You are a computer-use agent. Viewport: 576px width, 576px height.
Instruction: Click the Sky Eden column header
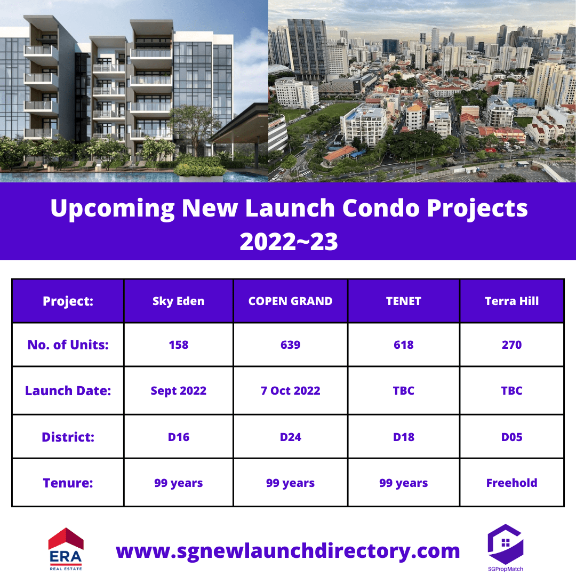pyautogui.click(x=179, y=301)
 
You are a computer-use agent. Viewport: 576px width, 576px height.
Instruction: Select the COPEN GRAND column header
pyautogui.click(x=290, y=301)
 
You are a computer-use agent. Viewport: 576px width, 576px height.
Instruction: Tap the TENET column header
pyautogui.click(x=403, y=301)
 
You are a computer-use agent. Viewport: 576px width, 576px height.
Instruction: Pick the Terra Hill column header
pyautogui.click(x=511, y=301)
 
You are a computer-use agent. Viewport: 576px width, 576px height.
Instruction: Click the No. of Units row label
pyautogui.click(x=68, y=345)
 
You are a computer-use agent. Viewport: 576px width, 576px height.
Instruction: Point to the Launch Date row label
pyautogui.click(x=68, y=390)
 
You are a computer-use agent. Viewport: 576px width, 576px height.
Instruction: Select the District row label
pyautogui.click(x=68, y=437)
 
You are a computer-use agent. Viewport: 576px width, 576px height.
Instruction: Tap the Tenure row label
pyautogui.click(x=68, y=483)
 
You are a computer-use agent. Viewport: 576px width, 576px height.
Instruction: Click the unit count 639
pyautogui.click(x=290, y=345)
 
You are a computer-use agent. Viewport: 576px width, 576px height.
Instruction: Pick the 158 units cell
pyautogui.click(x=179, y=345)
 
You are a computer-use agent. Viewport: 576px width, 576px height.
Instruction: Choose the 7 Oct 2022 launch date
pyautogui.click(x=290, y=390)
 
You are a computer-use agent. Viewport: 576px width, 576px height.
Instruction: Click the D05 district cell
pyautogui.click(x=511, y=437)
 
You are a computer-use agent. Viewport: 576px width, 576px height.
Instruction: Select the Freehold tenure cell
pyautogui.click(x=511, y=483)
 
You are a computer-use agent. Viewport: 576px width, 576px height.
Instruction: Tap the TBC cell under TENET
pyautogui.click(x=403, y=390)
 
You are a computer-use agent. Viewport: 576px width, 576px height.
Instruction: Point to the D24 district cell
pyautogui.click(x=290, y=437)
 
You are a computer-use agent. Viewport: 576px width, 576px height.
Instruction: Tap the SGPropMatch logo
pyautogui.click(x=506, y=548)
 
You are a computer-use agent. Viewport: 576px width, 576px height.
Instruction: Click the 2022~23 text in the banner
pyautogui.click(x=289, y=242)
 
